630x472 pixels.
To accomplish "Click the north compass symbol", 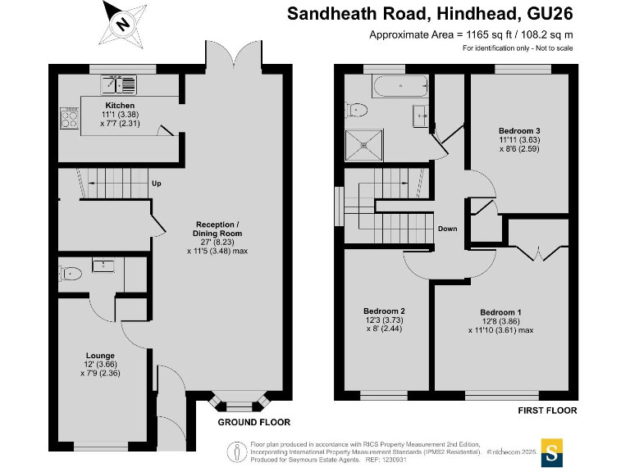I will pos(122,25).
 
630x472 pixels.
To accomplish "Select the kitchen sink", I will pos(120,84).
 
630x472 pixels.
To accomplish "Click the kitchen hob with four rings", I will pos(68,120).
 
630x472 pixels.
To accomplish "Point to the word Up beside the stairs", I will pos(155,184).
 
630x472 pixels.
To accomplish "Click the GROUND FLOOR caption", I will pos(253,423).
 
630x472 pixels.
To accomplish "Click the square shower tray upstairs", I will pos(363,145).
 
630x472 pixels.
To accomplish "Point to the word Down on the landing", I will pos(447,229).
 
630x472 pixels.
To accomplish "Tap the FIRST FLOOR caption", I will pos(547,411).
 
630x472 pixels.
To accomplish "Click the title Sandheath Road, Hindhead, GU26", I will pos(429,14).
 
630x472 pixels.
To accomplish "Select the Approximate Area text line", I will pos(470,34).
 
